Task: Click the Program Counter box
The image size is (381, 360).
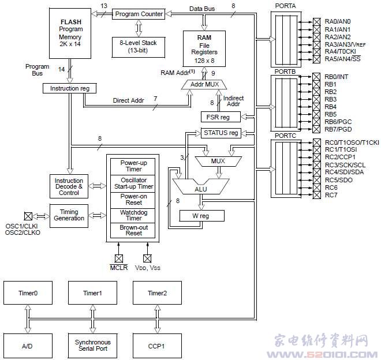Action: [139, 13]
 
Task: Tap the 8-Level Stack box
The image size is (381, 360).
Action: [138, 47]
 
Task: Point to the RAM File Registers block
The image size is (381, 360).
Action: [203, 48]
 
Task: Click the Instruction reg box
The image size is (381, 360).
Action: [69, 88]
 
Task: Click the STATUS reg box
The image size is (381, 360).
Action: [221, 133]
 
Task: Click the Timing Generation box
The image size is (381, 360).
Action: [69, 215]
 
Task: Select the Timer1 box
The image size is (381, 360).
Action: [92, 293]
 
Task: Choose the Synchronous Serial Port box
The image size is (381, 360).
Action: [92, 346]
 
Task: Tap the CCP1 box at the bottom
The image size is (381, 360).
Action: [157, 346]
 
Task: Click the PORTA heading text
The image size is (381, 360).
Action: [285, 6]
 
